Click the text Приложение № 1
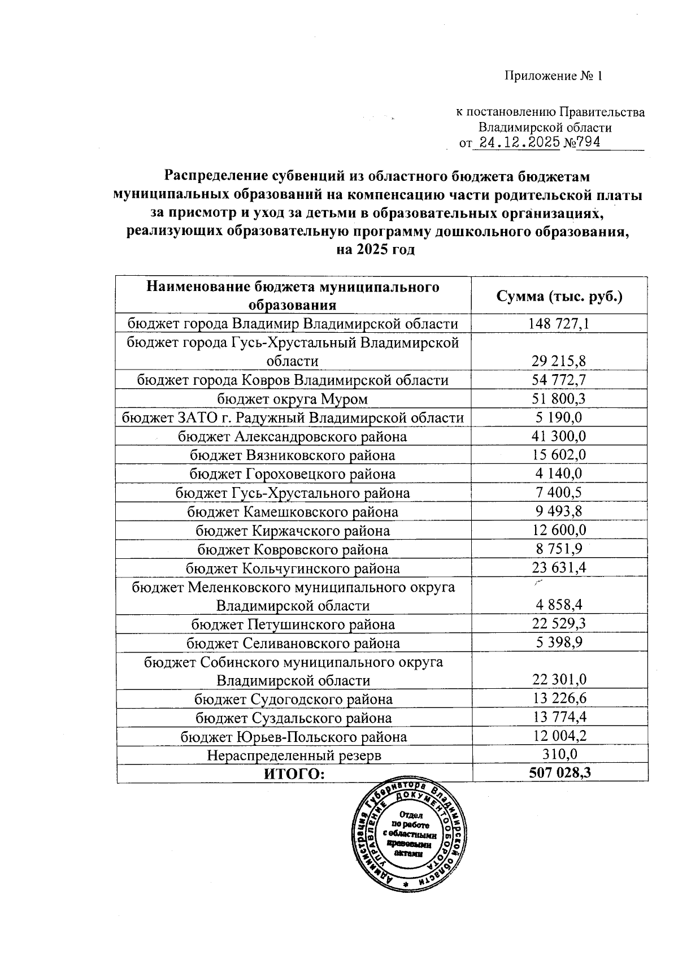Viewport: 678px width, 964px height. (x=553, y=76)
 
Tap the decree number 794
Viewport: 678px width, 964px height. (x=588, y=142)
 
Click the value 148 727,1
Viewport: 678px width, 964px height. (x=559, y=324)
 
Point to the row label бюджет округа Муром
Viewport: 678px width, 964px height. (x=292, y=399)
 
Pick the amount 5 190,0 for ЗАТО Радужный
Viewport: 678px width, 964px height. (x=559, y=418)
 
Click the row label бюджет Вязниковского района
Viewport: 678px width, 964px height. (x=292, y=455)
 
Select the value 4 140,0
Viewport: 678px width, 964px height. (x=559, y=474)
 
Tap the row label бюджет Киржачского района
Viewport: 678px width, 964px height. (x=292, y=531)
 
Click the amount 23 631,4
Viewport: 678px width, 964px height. (x=559, y=568)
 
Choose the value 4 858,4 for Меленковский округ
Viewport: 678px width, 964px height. (x=559, y=605)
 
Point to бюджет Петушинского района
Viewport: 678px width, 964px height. (x=292, y=624)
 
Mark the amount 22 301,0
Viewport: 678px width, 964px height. (x=559, y=680)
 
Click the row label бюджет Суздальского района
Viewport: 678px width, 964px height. (x=293, y=718)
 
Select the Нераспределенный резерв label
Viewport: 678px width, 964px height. (x=293, y=755)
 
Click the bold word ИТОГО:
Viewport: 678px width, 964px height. (x=294, y=774)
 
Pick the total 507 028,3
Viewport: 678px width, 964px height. (x=559, y=773)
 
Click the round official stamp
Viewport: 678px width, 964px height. (x=410, y=833)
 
